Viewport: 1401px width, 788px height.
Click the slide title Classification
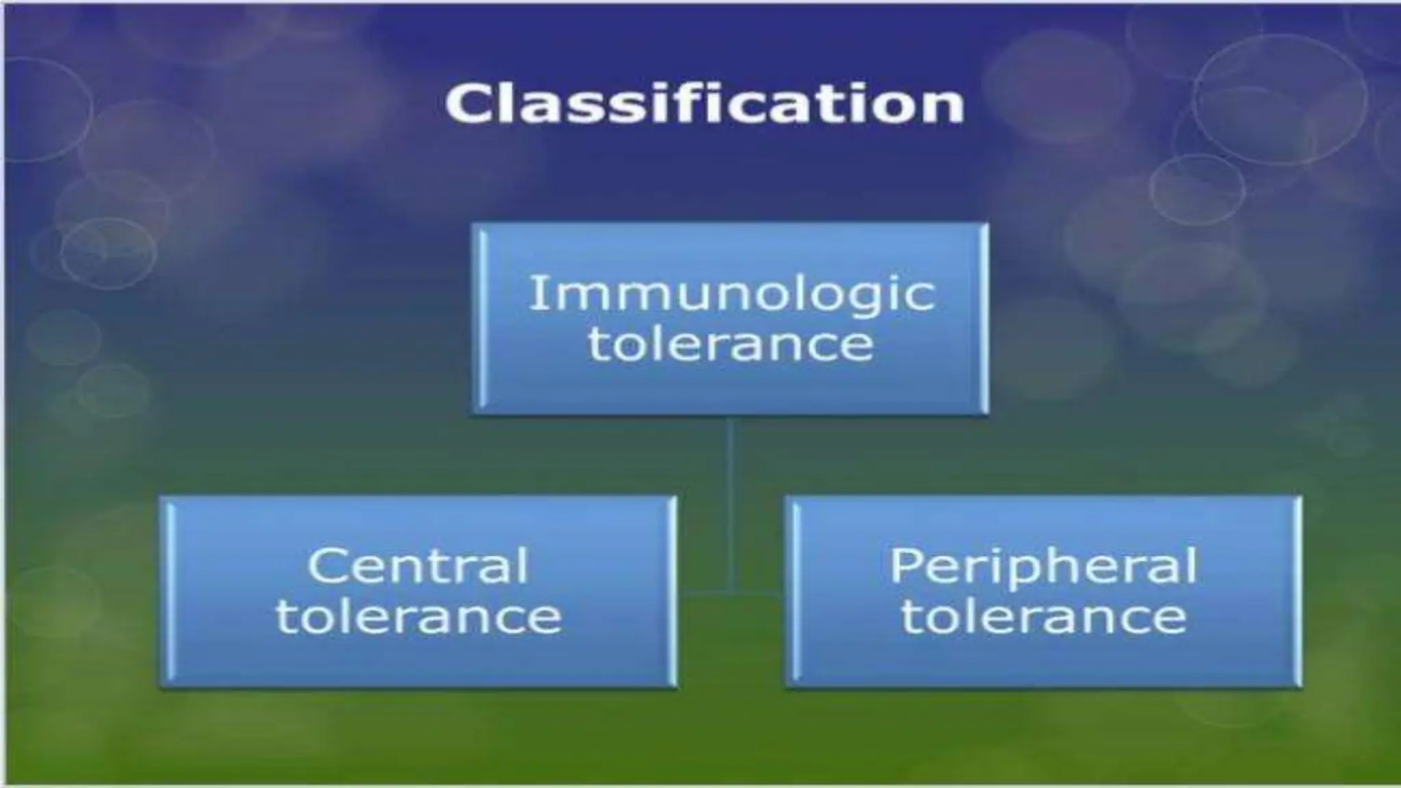point(705,104)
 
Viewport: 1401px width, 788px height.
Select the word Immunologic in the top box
point(731,294)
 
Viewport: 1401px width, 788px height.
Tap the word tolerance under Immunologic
point(731,343)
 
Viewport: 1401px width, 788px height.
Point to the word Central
point(418,566)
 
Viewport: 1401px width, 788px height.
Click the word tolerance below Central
point(418,616)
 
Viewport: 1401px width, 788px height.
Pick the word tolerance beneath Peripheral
point(1043,616)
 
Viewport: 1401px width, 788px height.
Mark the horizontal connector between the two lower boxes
point(731,594)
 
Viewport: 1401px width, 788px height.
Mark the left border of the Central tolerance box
point(165,592)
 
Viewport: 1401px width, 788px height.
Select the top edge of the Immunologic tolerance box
point(731,226)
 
